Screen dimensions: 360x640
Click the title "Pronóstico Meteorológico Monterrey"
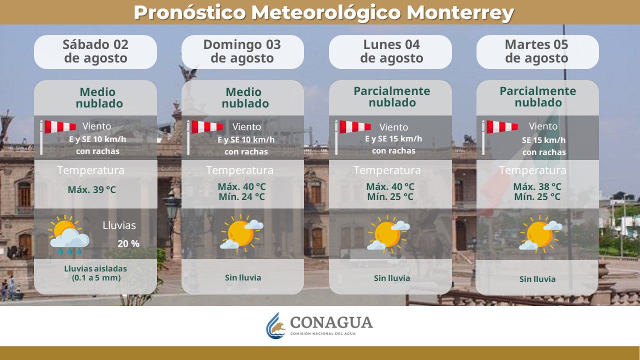(x=323, y=12)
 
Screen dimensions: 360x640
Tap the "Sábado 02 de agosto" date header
(x=95, y=51)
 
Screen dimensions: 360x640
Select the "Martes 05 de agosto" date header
(x=536, y=51)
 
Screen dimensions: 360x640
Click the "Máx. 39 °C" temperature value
(x=92, y=189)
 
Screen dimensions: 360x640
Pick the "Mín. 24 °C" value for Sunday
(x=241, y=196)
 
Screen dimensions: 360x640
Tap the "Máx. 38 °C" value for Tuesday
(x=537, y=186)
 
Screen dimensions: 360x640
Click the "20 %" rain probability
(x=128, y=244)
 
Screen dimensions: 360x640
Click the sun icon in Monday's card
(x=388, y=234)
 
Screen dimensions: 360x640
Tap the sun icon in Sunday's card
(x=241, y=233)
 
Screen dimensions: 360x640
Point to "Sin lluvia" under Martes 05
(x=537, y=279)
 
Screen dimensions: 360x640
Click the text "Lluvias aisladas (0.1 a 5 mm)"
(x=95, y=272)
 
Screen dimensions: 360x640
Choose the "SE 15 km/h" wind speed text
(x=544, y=140)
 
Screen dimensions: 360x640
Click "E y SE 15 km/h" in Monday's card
(x=393, y=139)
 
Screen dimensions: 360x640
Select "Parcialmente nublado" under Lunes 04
(x=392, y=97)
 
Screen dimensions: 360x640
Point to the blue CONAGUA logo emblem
(x=276, y=325)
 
